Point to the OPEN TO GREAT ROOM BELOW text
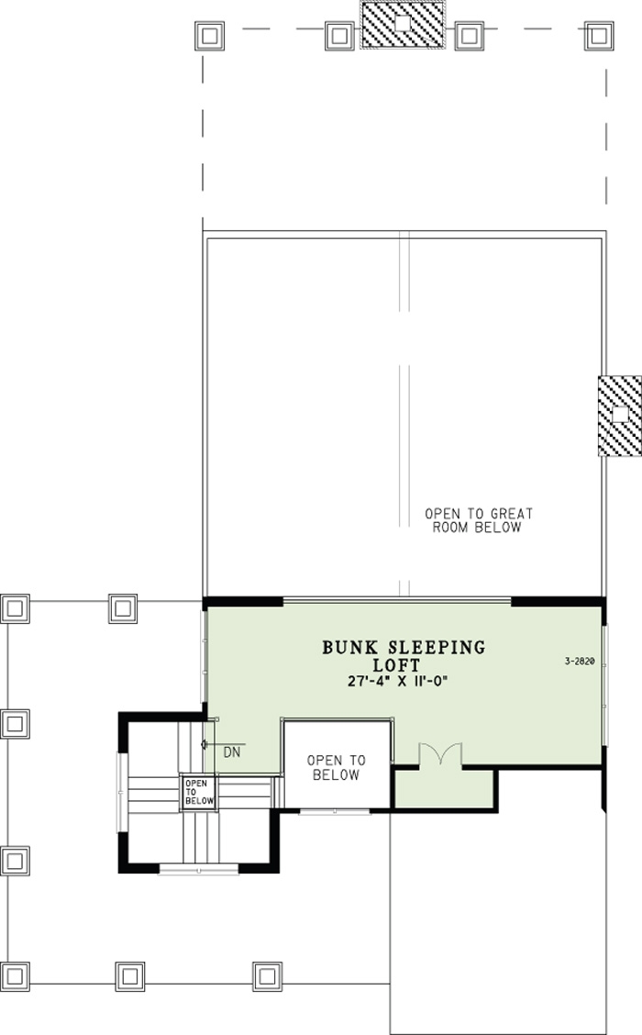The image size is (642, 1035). tap(478, 521)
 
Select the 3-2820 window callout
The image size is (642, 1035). tap(581, 660)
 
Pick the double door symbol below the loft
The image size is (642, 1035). tap(441, 753)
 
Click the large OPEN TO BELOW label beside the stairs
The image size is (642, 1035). tap(336, 768)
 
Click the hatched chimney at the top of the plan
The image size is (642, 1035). tap(402, 25)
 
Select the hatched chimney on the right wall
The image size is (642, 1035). tap(620, 416)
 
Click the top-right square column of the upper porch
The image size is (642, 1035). tap(598, 36)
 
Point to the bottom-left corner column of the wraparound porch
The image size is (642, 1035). tap(16, 974)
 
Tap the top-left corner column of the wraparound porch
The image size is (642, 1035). tap(16, 607)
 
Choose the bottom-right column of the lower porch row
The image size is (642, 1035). tap(266, 974)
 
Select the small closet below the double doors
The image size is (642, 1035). tap(444, 787)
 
